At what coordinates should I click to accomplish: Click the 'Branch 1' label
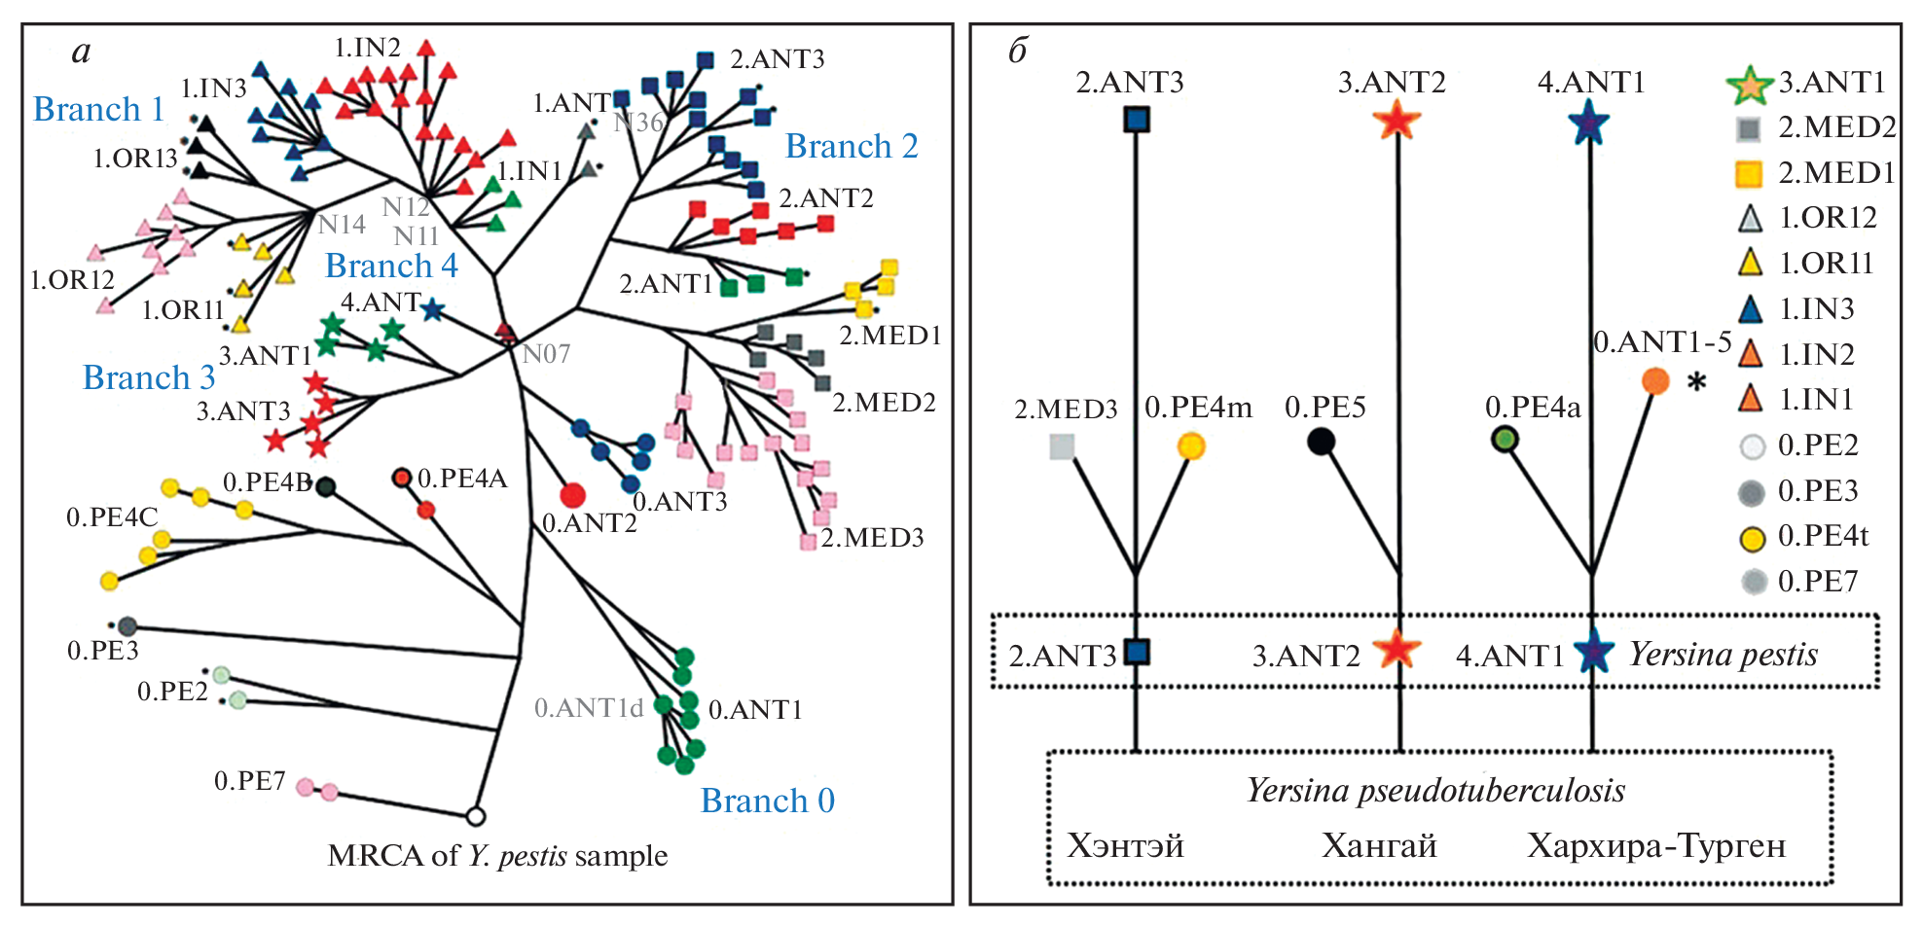(x=98, y=110)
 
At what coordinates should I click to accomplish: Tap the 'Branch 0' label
(x=767, y=801)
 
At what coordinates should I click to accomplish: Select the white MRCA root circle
(x=475, y=816)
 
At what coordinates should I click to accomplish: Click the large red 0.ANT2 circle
(x=572, y=495)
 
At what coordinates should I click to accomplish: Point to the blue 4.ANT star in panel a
(x=433, y=310)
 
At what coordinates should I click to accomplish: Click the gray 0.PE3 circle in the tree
(x=127, y=627)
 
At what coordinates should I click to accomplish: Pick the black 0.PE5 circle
(x=1320, y=442)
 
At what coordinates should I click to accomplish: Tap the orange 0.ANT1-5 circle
(x=1655, y=380)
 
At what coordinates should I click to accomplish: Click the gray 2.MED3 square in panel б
(x=1062, y=446)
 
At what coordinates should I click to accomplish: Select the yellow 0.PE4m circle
(x=1191, y=446)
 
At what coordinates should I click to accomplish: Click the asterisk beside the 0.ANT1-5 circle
(x=1696, y=382)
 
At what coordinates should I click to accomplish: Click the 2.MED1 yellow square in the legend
(x=1749, y=174)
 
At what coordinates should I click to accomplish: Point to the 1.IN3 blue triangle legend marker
(x=1750, y=309)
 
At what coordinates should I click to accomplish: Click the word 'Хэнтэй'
(x=1125, y=845)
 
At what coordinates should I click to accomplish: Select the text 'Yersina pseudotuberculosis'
(x=1435, y=790)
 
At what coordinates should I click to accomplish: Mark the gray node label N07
(x=546, y=354)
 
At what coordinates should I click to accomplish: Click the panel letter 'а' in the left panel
(x=82, y=52)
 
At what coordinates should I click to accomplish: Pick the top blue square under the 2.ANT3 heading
(x=1137, y=120)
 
